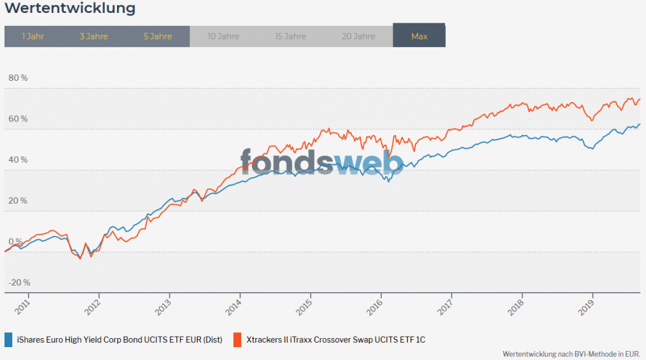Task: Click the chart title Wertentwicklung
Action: pos(70,8)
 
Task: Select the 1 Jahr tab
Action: pos(32,36)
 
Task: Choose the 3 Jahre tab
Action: pos(94,36)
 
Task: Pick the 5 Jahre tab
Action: pos(158,36)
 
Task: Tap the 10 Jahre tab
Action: pos(224,36)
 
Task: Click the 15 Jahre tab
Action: pos(290,36)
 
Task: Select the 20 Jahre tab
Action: pos(359,36)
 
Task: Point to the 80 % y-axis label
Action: pos(18,78)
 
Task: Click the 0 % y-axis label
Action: pos(16,241)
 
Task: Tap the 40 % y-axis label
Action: pos(18,160)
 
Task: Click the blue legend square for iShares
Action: pos(8,339)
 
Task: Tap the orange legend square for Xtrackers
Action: pos(237,339)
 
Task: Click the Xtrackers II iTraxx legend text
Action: pos(336,339)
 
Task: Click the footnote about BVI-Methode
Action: pos(571,354)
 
